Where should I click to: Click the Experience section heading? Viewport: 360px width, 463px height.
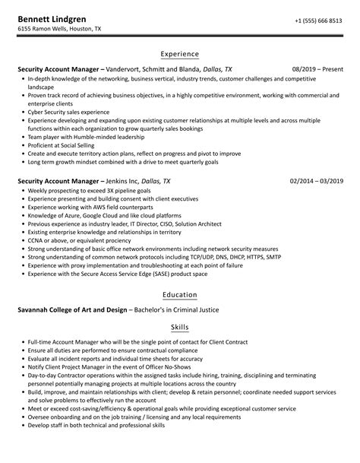tap(180, 54)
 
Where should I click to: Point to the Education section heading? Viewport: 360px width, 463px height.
tap(180, 295)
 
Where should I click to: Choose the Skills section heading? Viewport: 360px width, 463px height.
tap(180, 324)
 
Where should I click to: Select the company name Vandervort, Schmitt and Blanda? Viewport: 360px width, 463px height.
tap(159, 69)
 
